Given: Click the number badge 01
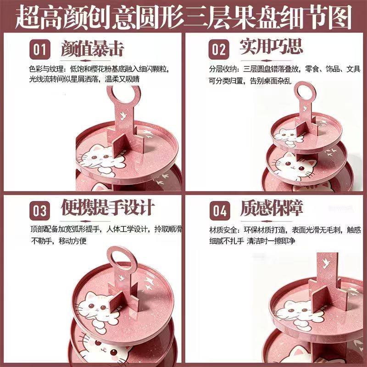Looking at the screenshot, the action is coord(40,50).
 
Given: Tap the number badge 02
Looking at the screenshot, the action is coord(219,50).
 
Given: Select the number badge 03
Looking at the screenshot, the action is coord(40,211).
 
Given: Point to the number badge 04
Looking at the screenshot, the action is coord(220,211).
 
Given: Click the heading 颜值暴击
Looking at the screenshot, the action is coord(92,48).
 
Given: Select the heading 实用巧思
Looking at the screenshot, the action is coord(272,46).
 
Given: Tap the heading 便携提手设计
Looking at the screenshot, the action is coord(108,207).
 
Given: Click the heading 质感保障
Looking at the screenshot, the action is coord(272,208).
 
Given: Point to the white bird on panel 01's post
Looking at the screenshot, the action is coord(123,116).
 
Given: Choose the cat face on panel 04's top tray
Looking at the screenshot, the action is coord(297,310).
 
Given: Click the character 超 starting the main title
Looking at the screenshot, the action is coord(28,17).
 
